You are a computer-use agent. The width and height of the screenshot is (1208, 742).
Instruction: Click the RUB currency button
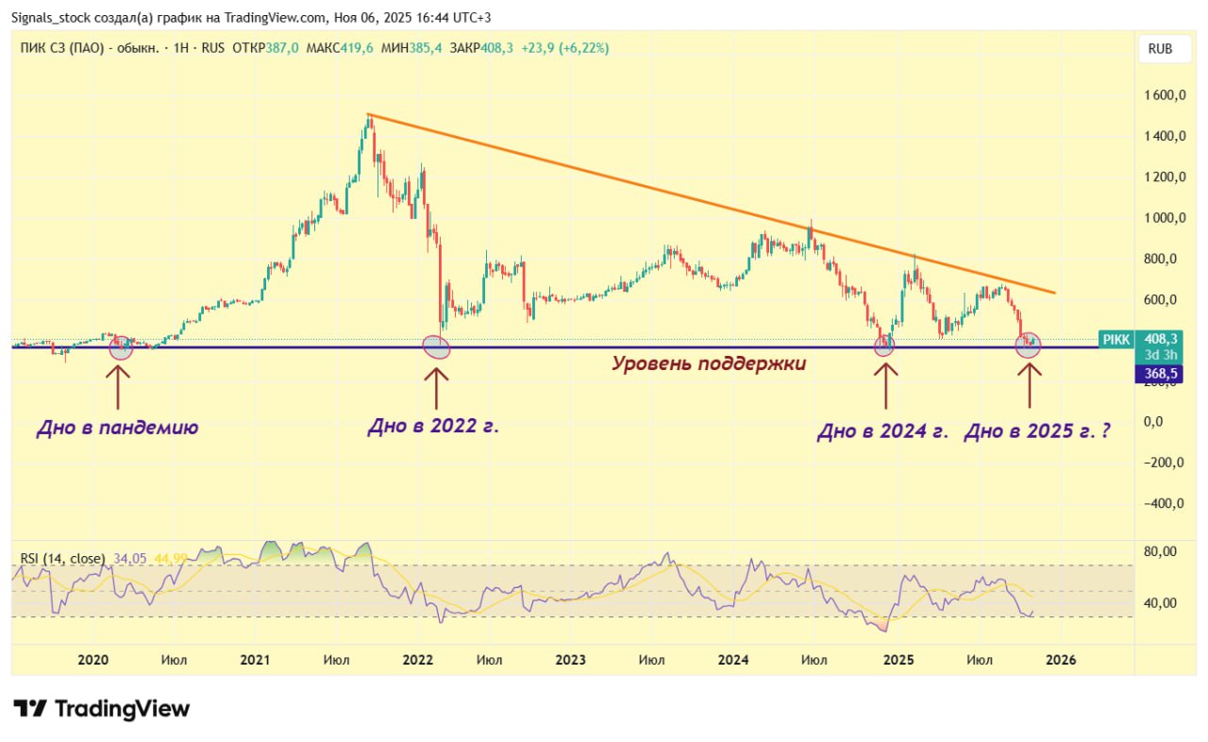pos(1160,49)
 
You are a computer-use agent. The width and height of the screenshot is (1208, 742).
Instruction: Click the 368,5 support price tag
pos(1159,375)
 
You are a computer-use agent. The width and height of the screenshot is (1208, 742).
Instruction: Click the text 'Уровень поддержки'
pos(709,363)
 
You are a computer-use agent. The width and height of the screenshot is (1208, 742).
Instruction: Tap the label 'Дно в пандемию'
pos(117,429)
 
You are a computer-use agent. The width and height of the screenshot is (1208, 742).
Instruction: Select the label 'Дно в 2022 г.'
pos(432,427)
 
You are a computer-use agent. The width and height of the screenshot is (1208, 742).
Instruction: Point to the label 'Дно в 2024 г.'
pos(881,432)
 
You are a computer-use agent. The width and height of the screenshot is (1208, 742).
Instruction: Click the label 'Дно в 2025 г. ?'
pos(1035,432)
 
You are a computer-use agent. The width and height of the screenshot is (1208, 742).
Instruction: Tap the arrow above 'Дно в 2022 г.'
pos(436,387)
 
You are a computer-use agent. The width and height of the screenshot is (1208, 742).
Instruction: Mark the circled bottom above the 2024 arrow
pos(883,346)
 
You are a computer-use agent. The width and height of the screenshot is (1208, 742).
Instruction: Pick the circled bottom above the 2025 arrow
pos(1028,346)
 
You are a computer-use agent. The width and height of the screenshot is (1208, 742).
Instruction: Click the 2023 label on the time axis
pos(571,660)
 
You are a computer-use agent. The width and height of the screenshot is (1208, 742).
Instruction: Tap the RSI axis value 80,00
pos(1160,551)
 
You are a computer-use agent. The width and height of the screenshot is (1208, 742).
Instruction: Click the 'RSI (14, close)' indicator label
pos(61,559)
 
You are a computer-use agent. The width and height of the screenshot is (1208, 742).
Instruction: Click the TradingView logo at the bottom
pos(102,709)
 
